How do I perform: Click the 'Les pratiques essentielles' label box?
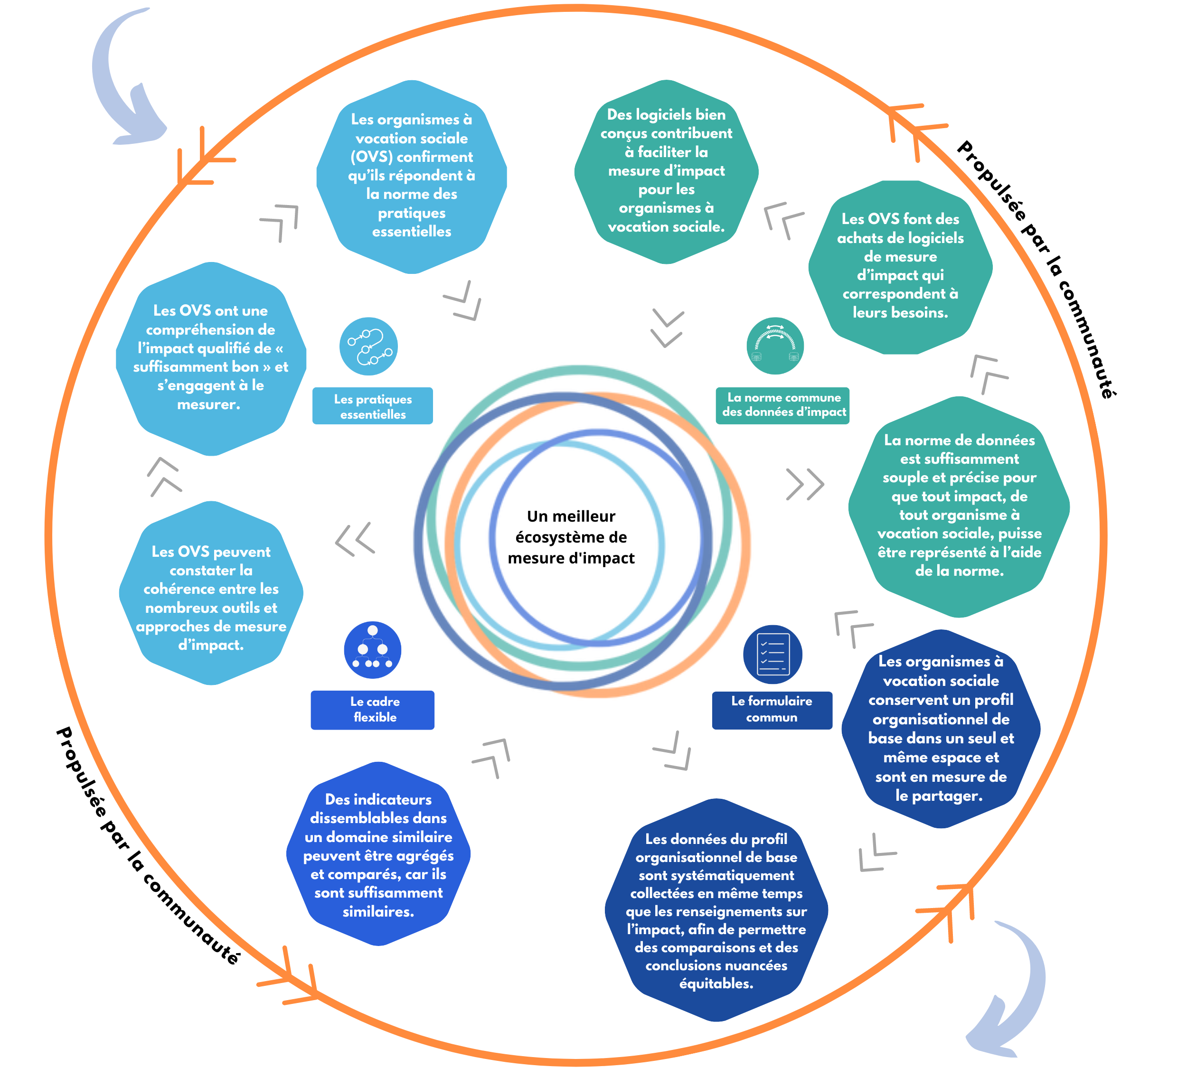[x=372, y=406]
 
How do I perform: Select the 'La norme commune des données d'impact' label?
[x=782, y=405]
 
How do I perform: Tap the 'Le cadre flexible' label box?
[x=372, y=710]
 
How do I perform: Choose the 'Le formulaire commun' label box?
[x=772, y=710]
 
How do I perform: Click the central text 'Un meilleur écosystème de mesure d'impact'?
[x=571, y=537]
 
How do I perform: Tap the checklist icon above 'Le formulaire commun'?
[x=772, y=654]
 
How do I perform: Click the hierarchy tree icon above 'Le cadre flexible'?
[x=372, y=650]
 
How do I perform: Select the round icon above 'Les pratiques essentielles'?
[x=368, y=346]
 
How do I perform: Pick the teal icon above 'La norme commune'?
[x=775, y=346]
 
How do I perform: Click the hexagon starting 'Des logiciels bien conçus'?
[x=666, y=171]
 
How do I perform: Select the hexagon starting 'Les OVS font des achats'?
[x=900, y=267]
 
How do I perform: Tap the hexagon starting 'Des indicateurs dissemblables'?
[x=378, y=854]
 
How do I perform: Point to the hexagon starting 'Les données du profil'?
[x=716, y=909]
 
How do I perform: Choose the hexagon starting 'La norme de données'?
[x=959, y=506]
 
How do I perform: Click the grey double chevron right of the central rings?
[x=805, y=484]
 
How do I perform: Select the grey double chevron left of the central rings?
[x=355, y=538]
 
